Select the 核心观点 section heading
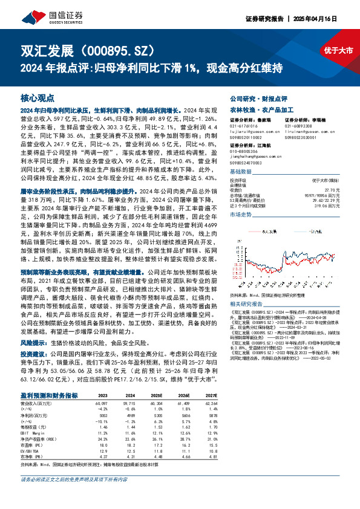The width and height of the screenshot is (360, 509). (38, 97)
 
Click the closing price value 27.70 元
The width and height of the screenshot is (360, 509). (326, 189)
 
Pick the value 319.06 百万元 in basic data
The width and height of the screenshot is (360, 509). (323, 206)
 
